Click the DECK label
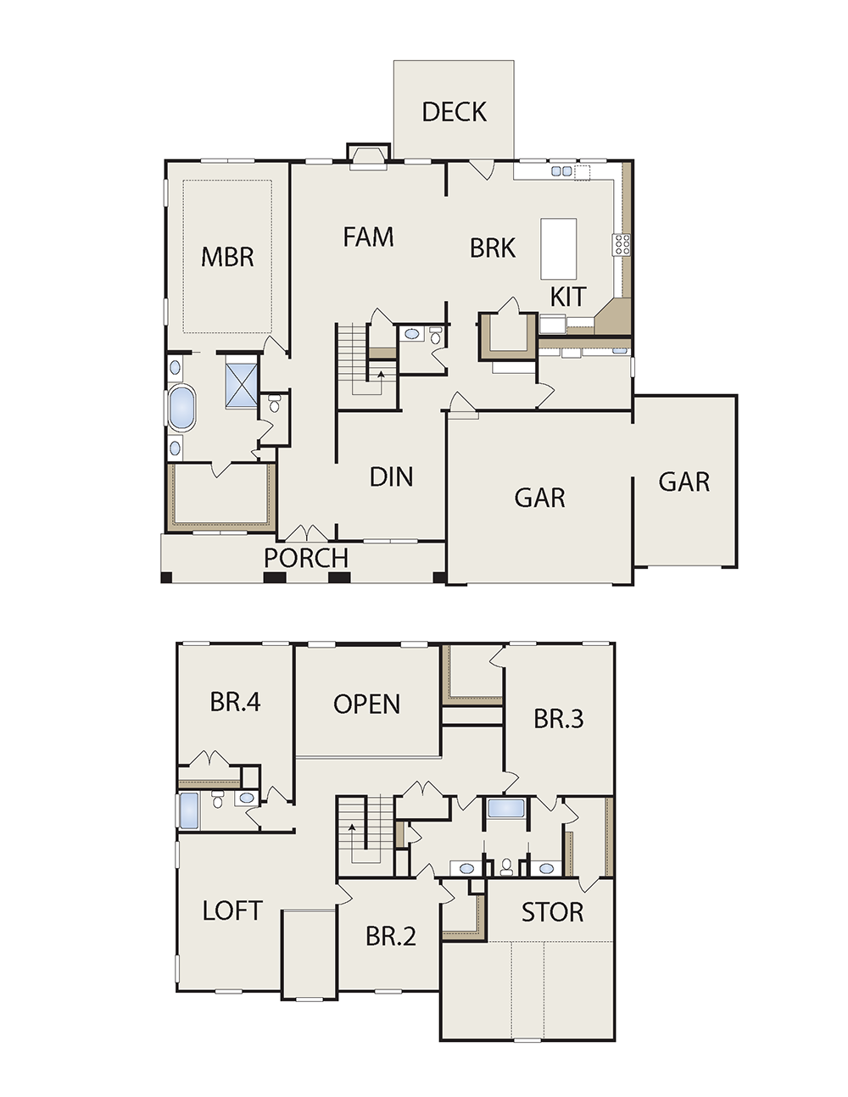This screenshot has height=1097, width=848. (454, 112)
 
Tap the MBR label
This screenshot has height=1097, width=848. (227, 257)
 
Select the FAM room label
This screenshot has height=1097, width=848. (368, 237)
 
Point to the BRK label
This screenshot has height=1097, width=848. (493, 248)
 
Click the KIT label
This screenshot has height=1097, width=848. (568, 297)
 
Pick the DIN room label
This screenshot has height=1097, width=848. (391, 476)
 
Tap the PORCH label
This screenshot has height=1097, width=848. (306, 558)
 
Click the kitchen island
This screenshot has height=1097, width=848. (558, 249)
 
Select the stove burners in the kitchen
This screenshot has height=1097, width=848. (622, 244)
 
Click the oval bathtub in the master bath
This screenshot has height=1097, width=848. (181, 408)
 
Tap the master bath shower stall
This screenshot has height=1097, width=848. (242, 381)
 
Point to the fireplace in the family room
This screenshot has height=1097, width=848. (369, 158)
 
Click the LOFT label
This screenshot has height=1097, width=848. (232, 910)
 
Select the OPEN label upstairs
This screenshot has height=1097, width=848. (367, 704)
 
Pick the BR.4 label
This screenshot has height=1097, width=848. (235, 701)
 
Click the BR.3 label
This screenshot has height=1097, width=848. (558, 719)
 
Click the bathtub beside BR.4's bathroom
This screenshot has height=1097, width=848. (189, 810)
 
